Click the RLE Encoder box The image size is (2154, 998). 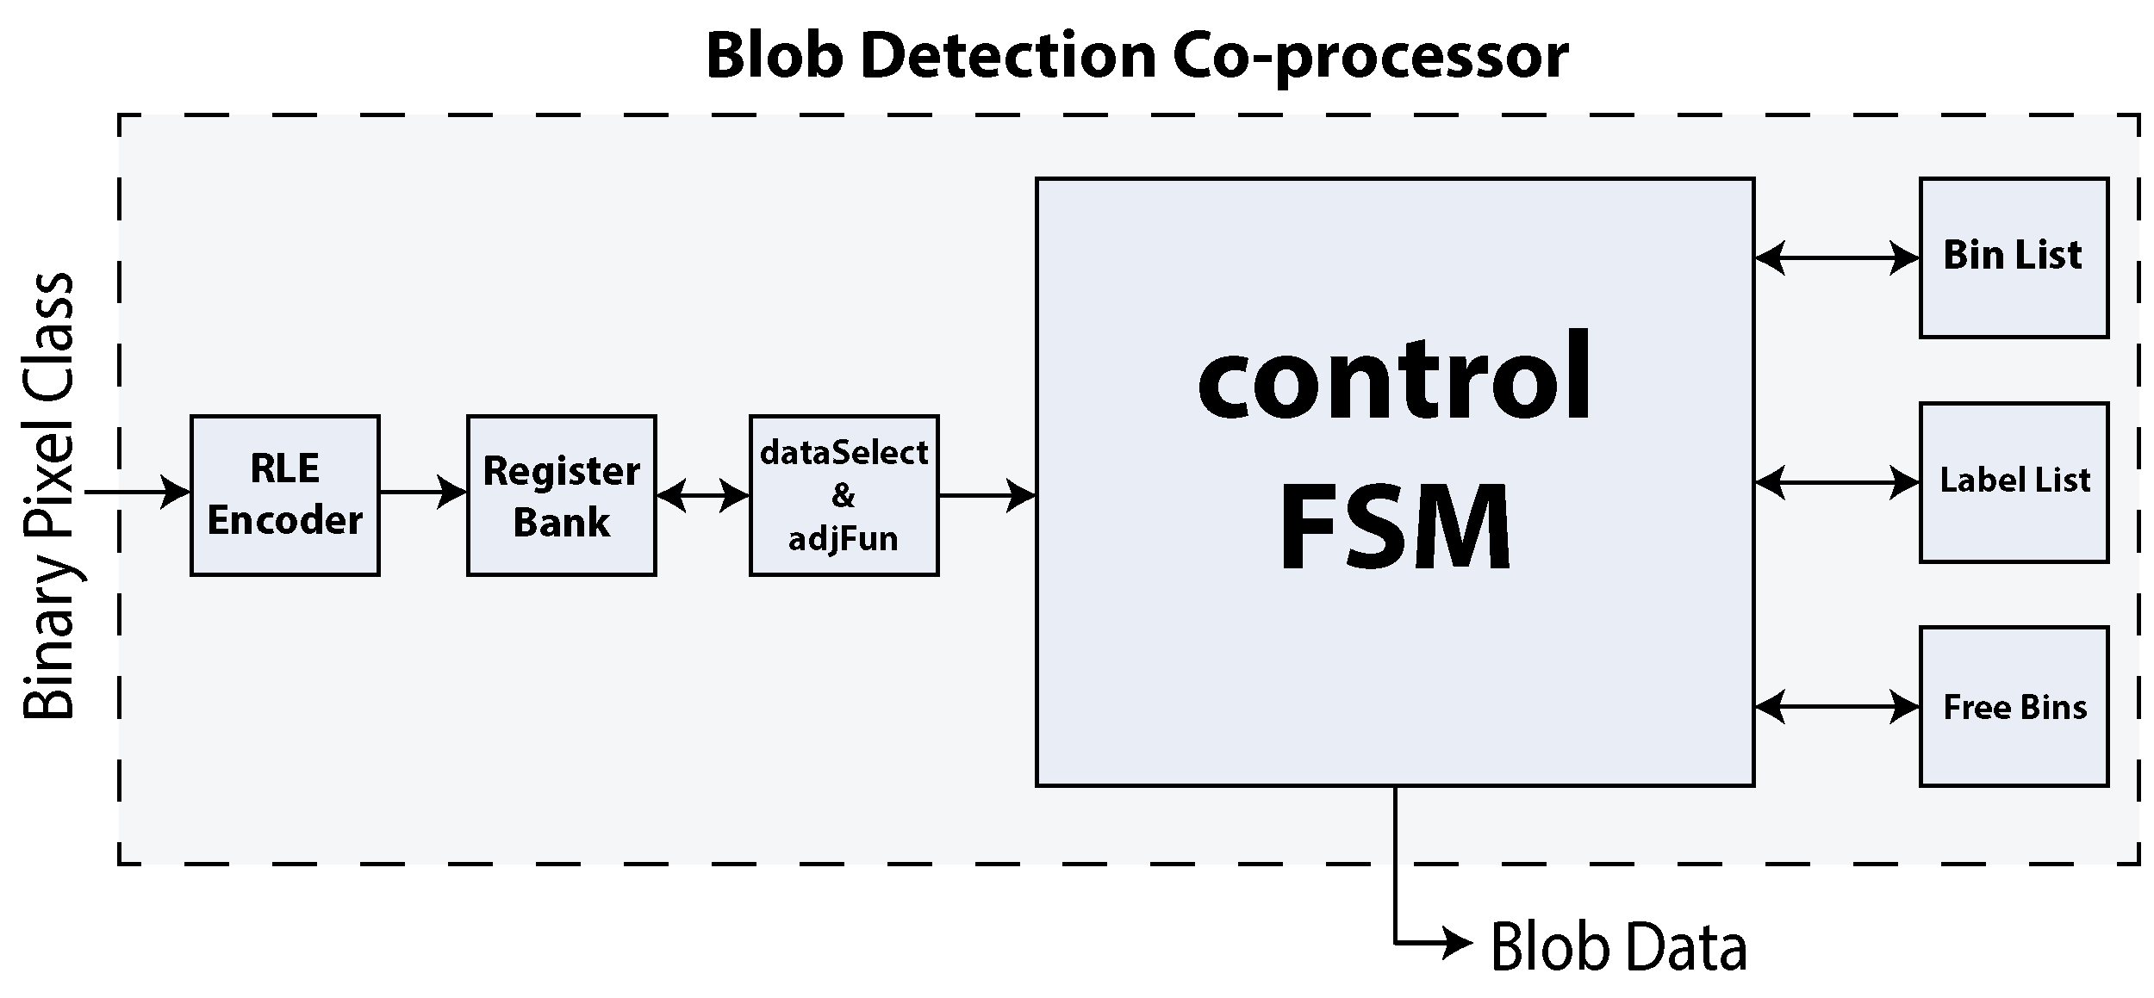click(284, 495)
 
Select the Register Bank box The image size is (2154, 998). click(561, 495)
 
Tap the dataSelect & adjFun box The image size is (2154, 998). click(844, 495)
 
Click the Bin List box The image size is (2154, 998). click(2014, 257)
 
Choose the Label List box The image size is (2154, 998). click(2014, 481)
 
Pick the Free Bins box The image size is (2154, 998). click(2014, 706)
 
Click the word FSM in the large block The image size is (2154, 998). click(1395, 527)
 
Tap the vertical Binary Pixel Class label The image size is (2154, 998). click(49, 495)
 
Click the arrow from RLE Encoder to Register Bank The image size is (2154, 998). click(422, 493)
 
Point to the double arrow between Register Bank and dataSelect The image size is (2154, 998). click(702, 496)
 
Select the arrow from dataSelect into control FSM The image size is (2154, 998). click(987, 496)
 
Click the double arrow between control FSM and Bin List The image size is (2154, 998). click(1836, 257)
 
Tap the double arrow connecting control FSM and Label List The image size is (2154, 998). click(1836, 482)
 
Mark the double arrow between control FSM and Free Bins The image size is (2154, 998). click(1836, 707)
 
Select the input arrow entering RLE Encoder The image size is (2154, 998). click(138, 493)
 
